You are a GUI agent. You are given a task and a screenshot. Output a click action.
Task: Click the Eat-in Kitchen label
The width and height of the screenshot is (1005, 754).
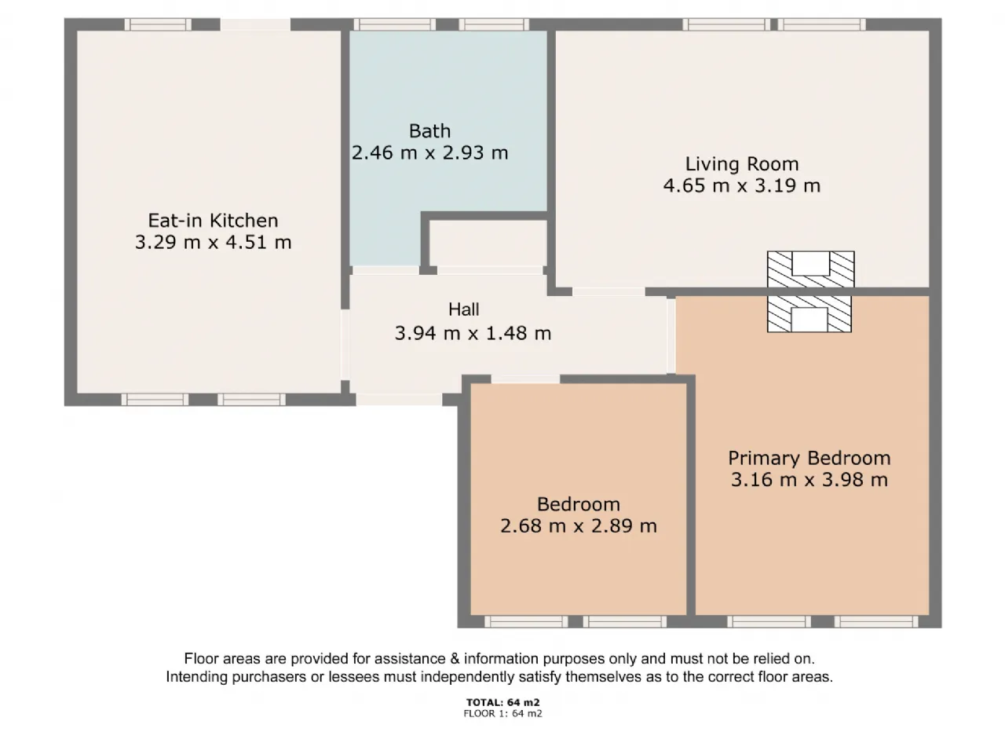[x=213, y=221]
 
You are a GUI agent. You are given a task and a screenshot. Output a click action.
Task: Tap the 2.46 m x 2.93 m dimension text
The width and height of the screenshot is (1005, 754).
[x=430, y=153]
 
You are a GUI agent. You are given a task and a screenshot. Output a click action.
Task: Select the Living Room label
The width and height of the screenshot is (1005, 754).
[x=742, y=164]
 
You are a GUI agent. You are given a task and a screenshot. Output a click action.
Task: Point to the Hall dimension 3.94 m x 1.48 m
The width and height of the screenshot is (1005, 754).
[x=473, y=333]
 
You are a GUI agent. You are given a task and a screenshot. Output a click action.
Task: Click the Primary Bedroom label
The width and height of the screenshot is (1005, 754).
[x=809, y=458]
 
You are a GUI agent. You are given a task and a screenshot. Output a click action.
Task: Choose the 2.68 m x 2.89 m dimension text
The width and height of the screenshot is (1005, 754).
[x=579, y=525]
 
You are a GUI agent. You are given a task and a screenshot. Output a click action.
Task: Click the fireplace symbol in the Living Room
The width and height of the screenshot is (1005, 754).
[x=810, y=269]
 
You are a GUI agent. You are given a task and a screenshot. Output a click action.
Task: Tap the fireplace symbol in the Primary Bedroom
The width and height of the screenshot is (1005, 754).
[x=809, y=314]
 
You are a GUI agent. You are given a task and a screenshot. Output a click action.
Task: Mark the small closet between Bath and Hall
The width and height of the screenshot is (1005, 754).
[x=488, y=243]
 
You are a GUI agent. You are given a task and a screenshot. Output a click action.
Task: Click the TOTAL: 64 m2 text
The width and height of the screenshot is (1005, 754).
[x=502, y=702]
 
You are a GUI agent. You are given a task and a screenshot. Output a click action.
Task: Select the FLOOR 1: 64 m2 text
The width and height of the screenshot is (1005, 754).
[x=502, y=713]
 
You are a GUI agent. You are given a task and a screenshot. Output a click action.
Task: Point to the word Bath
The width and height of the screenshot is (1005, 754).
[x=429, y=131]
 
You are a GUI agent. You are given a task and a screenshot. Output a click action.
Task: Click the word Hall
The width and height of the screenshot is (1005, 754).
[x=464, y=309]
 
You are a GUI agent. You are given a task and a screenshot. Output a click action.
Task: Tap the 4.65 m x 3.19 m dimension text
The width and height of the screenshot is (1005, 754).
[x=742, y=186]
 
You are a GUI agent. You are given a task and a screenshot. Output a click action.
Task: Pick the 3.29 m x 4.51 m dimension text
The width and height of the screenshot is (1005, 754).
[x=213, y=242]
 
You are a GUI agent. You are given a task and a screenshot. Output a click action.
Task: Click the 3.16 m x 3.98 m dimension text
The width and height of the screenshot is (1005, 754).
[x=809, y=480]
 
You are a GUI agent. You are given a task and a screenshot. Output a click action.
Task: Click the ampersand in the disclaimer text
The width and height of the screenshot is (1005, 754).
[x=455, y=659]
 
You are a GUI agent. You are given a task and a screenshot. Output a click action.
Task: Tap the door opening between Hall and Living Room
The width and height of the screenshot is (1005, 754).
[x=608, y=291]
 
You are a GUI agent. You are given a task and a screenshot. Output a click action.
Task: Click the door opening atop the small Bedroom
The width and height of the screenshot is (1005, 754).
[x=525, y=379]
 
